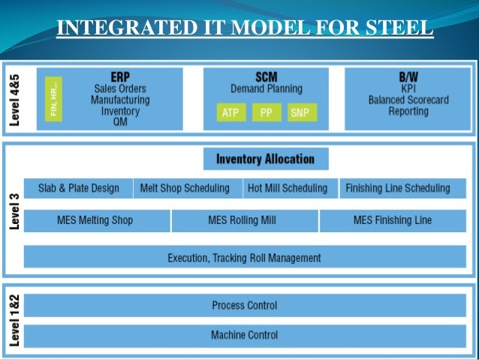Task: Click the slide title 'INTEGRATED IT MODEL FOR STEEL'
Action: click(245, 29)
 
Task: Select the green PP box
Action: click(266, 113)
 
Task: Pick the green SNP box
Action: click(300, 113)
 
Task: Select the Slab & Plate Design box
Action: click(79, 188)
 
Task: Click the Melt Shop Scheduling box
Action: click(188, 188)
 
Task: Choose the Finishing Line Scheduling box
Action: click(397, 188)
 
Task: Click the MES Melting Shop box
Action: click(96, 221)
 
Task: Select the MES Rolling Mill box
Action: click(245, 221)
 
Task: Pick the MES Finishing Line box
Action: click(393, 221)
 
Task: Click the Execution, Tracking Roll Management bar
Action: click(244, 258)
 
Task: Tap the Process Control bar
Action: click(244, 305)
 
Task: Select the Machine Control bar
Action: click(244, 334)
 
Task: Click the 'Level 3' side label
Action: click(13, 213)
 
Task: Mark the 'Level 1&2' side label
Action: click(13, 319)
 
